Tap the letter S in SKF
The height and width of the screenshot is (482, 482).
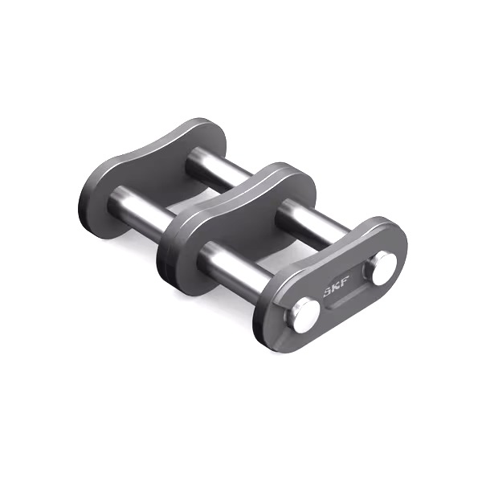[328, 292]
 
